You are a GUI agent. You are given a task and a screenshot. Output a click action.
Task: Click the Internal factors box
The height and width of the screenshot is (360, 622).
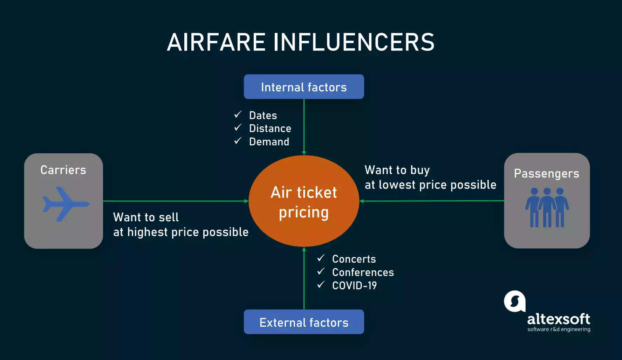[304, 87]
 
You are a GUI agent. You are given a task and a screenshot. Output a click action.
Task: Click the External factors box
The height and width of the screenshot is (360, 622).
[304, 322]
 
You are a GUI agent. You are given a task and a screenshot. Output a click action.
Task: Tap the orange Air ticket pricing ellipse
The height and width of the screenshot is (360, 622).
[304, 201]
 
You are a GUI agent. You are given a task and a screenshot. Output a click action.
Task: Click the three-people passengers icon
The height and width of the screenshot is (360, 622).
[547, 207]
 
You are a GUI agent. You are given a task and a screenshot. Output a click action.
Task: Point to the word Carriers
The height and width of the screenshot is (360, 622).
[63, 170]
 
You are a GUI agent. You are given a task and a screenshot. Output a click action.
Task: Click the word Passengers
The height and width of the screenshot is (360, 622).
[546, 174]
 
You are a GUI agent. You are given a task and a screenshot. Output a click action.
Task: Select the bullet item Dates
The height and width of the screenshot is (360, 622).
[263, 116]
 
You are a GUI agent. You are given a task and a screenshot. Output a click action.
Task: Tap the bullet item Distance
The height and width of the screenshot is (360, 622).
[270, 129]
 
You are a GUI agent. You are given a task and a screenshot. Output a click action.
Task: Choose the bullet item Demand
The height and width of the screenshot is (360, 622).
[269, 142]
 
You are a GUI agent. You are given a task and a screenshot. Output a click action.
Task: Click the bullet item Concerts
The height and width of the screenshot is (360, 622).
[354, 259]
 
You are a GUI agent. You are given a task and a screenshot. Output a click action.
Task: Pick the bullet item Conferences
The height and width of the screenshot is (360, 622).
[363, 272]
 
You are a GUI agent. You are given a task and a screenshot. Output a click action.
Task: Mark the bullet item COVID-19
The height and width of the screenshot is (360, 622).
[354, 286]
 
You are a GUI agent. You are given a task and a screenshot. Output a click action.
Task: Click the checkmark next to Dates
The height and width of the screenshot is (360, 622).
[238, 115]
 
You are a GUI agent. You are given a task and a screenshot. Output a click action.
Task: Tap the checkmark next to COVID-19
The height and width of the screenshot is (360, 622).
[321, 284]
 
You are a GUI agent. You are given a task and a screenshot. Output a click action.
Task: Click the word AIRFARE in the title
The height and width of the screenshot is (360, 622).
[216, 42]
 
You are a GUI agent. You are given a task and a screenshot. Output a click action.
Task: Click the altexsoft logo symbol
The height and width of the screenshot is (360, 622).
[514, 301]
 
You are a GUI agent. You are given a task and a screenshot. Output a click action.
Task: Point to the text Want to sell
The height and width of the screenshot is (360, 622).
[146, 217]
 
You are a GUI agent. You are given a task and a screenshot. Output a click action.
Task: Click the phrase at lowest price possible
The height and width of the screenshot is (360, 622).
[430, 185]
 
